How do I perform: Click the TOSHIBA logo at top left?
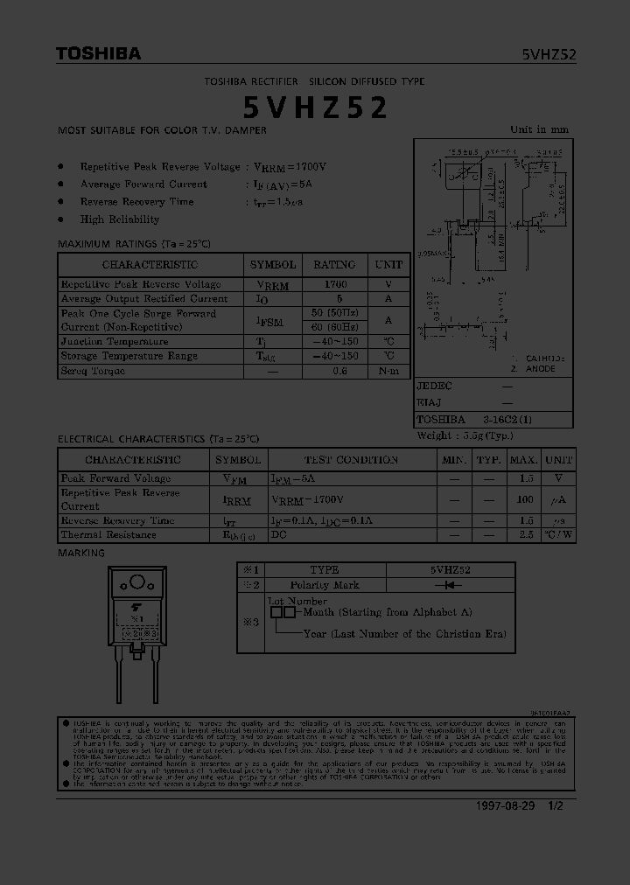click(98, 54)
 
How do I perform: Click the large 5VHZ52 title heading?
click(315, 108)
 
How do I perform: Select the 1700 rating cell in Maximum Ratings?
click(334, 284)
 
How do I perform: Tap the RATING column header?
click(334, 264)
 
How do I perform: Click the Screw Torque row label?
click(93, 371)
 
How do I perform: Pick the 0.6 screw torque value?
click(339, 371)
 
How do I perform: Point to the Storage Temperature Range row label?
click(129, 356)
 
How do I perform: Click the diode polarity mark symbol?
click(450, 585)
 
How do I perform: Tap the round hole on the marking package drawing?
click(137, 583)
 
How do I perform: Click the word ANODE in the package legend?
click(541, 369)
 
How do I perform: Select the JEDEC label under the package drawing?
click(434, 386)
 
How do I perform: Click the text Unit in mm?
click(539, 129)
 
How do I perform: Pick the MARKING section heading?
click(80, 553)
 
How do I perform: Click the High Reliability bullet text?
click(120, 220)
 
